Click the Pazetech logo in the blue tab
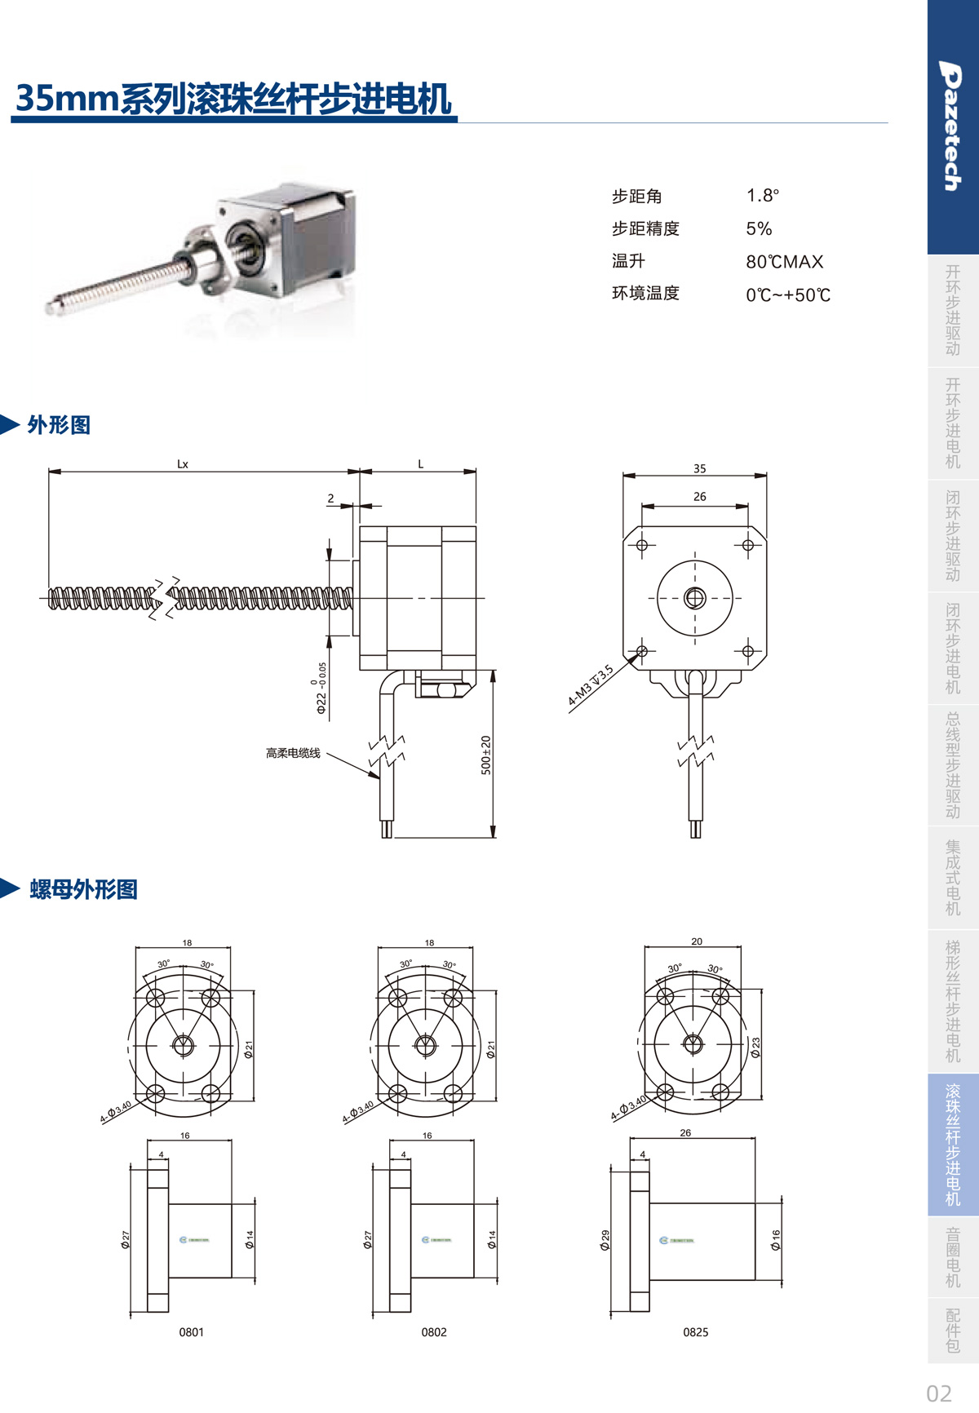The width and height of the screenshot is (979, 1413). pyautogui.click(x=951, y=126)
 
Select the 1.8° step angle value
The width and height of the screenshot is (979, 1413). pyautogui.click(x=762, y=196)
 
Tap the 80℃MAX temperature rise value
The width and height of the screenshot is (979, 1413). pyautogui.click(x=784, y=262)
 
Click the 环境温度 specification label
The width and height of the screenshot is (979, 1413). pyautogui.click(x=645, y=294)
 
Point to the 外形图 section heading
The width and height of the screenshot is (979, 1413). pyautogui.click(x=59, y=425)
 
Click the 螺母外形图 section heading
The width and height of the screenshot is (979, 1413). pyautogui.click(x=83, y=889)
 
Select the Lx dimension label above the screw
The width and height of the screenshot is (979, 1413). pyautogui.click(x=183, y=464)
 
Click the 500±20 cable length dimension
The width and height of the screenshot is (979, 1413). pyautogui.click(x=486, y=755)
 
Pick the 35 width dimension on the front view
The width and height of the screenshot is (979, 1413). pyautogui.click(x=699, y=469)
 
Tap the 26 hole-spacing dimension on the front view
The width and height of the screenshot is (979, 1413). pyautogui.click(x=699, y=497)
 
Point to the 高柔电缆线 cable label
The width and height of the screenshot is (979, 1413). pyautogui.click(x=293, y=753)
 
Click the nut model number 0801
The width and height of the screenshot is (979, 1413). pyautogui.click(x=192, y=1332)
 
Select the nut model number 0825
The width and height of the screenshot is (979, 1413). pyautogui.click(x=696, y=1332)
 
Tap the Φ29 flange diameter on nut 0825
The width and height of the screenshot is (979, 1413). pyautogui.click(x=605, y=1240)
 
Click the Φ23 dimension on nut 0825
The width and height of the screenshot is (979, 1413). pyautogui.click(x=755, y=1048)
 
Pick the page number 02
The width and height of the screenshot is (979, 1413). pyautogui.click(x=939, y=1393)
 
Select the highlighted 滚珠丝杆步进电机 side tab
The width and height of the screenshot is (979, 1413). pyautogui.click(x=953, y=1145)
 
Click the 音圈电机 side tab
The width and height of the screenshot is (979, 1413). pyautogui.click(x=953, y=1257)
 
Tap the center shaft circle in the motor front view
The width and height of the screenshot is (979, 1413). pyautogui.click(x=695, y=598)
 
